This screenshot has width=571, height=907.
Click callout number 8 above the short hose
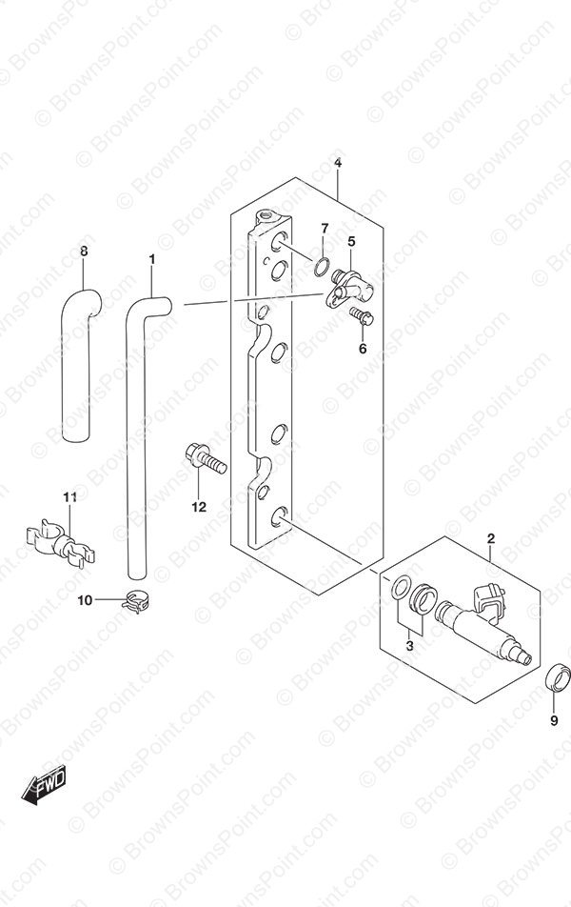pos(84,252)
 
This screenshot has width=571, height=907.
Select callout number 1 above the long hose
pos(152,260)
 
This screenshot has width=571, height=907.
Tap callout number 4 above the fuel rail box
pos(338,163)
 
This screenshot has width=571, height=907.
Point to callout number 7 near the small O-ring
pos(325,228)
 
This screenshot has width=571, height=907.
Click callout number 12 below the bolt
pos(199,507)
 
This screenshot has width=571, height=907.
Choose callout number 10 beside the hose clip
pos(85,600)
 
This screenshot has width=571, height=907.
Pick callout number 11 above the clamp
pos(69,497)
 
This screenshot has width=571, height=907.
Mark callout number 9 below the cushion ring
pos(554,720)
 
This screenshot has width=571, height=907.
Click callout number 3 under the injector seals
pos(410,646)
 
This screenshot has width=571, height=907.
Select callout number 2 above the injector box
pos(491,539)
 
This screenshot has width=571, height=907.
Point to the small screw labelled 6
pos(362,316)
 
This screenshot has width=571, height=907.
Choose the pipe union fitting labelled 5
pos(351,287)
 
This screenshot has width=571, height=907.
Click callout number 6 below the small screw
pos(363,349)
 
